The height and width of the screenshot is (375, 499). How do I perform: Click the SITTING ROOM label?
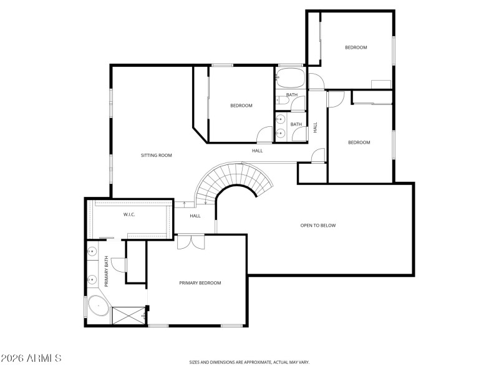[156, 155]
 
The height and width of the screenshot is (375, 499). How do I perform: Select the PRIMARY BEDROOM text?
[200, 283]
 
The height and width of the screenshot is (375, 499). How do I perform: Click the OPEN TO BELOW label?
[318, 226]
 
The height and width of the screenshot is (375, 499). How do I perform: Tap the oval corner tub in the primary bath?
[99, 306]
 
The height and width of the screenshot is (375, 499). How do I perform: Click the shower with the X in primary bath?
[128, 315]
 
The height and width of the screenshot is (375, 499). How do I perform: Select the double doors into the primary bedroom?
[190, 242]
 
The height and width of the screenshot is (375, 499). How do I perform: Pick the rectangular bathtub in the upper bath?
[290, 79]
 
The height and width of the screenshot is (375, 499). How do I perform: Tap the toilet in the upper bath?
[279, 99]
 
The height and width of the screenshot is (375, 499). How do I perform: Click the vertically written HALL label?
[316, 127]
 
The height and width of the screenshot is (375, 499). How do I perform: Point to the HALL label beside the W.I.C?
[195, 216]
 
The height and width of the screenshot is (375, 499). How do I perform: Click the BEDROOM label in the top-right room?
[356, 47]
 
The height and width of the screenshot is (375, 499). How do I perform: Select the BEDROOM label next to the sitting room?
[241, 106]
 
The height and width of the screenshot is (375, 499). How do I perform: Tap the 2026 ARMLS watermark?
[31, 359]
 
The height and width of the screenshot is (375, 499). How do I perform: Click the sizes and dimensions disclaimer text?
[249, 362]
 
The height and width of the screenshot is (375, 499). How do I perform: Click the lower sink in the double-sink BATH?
[281, 132]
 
